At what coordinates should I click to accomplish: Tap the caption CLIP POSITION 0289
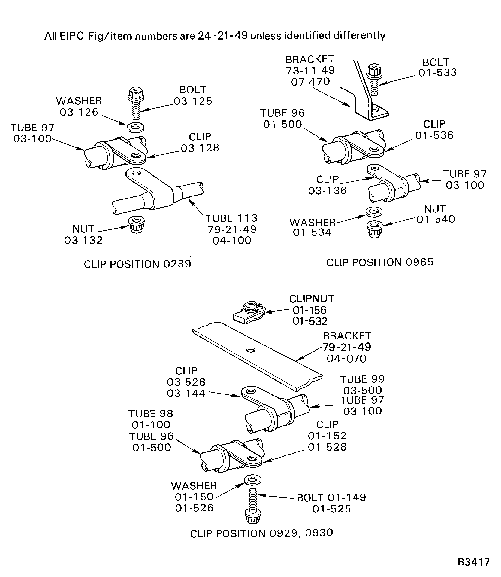click(137, 264)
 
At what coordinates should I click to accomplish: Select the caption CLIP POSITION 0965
click(379, 262)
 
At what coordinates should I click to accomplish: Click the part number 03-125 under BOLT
click(193, 101)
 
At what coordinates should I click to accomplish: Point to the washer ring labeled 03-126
click(136, 127)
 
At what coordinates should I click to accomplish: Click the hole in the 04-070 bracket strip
click(251, 350)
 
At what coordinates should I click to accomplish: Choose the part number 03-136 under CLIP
click(327, 191)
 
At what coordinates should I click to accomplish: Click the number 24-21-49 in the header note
click(223, 36)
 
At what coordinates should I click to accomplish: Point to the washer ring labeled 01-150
click(253, 479)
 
